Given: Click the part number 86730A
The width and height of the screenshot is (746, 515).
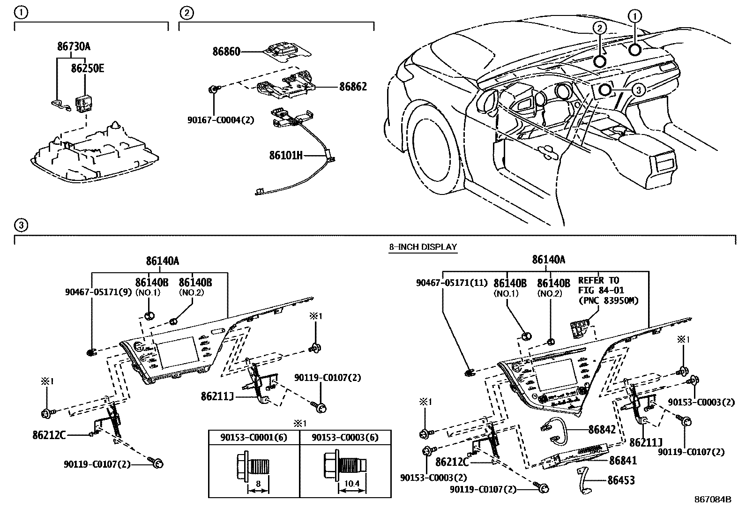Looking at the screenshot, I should pyautogui.click(x=74, y=46).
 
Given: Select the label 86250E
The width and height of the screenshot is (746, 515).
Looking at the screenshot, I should pyautogui.click(x=87, y=68).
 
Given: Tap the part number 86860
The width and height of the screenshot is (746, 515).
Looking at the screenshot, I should pyautogui.click(x=226, y=52).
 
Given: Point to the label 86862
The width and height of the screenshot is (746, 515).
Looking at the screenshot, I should pyautogui.click(x=353, y=87).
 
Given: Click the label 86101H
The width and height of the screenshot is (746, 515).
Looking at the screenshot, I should pyautogui.click(x=285, y=155).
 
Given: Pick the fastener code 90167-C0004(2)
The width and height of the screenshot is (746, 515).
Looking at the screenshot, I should pyautogui.click(x=221, y=120).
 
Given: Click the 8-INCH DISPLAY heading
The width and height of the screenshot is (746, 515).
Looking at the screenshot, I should pyautogui.click(x=422, y=246).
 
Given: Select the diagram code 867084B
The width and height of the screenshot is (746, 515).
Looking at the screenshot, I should pyautogui.click(x=712, y=500).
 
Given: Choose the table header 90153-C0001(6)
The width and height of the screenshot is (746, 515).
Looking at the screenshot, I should pyautogui.click(x=254, y=437).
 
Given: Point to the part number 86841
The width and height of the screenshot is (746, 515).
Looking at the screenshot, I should pyautogui.click(x=623, y=461).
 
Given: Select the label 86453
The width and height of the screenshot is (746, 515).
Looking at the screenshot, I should pyautogui.click(x=621, y=480).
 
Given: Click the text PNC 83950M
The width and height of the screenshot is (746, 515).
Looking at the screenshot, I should pyautogui.click(x=608, y=300).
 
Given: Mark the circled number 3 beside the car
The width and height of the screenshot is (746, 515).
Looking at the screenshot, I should pyautogui.click(x=638, y=90).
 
